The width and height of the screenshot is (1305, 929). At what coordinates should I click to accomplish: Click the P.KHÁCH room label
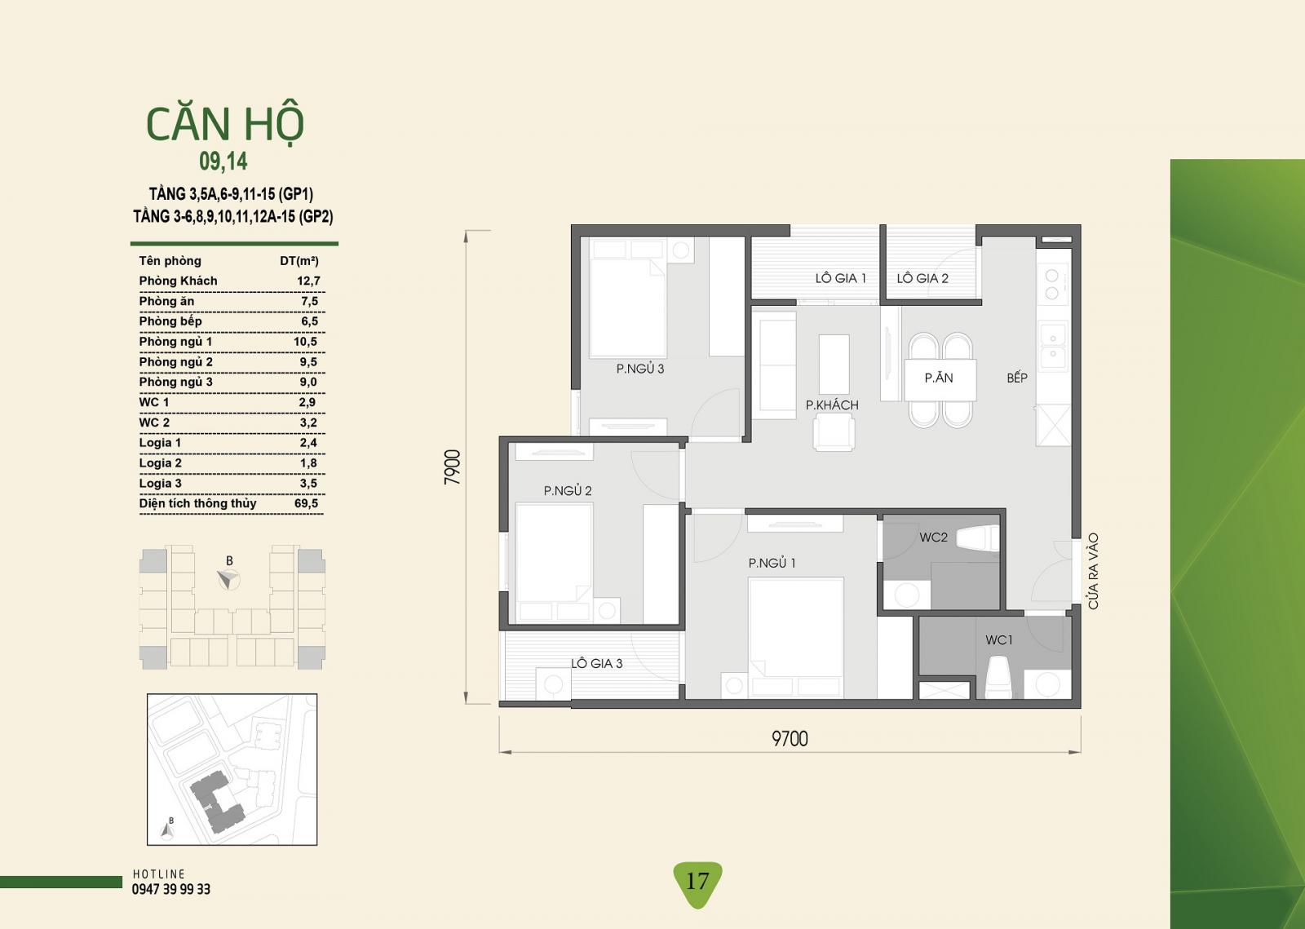click(832, 405)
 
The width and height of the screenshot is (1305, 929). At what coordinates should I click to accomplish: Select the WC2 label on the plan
click(933, 537)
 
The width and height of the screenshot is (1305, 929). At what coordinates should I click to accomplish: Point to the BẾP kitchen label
click(1016, 378)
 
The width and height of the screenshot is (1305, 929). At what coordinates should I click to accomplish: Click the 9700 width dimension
click(790, 738)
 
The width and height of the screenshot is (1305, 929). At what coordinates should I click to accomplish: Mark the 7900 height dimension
click(453, 467)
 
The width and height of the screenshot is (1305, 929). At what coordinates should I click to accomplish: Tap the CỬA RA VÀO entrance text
click(1093, 571)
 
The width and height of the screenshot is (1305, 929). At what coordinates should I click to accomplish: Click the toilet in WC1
click(998, 677)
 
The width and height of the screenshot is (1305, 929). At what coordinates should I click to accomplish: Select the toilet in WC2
click(978, 537)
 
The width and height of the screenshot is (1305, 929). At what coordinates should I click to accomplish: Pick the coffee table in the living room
click(834, 364)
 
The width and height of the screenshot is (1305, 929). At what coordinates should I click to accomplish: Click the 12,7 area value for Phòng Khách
click(308, 281)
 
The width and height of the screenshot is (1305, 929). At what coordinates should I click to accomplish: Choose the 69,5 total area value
click(307, 503)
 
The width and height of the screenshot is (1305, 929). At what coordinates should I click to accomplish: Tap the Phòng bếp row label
click(170, 321)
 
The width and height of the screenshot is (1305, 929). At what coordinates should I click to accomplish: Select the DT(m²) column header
click(299, 261)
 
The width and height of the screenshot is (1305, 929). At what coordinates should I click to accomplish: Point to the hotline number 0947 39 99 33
click(170, 889)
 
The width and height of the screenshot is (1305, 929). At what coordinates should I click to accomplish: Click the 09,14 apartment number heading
click(223, 161)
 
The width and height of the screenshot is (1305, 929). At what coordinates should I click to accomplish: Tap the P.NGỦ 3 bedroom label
click(639, 369)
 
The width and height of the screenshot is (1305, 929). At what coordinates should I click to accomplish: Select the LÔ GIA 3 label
click(596, 663)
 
